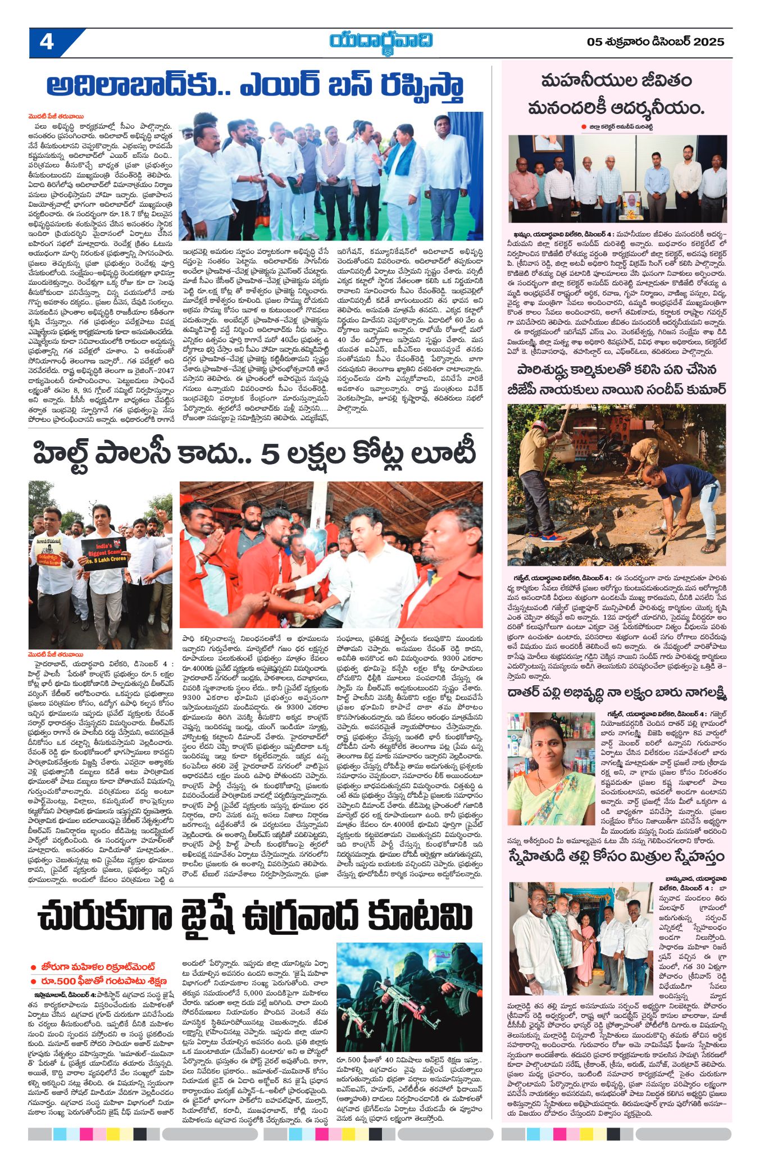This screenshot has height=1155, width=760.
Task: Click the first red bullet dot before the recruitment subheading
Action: point(34,967)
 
